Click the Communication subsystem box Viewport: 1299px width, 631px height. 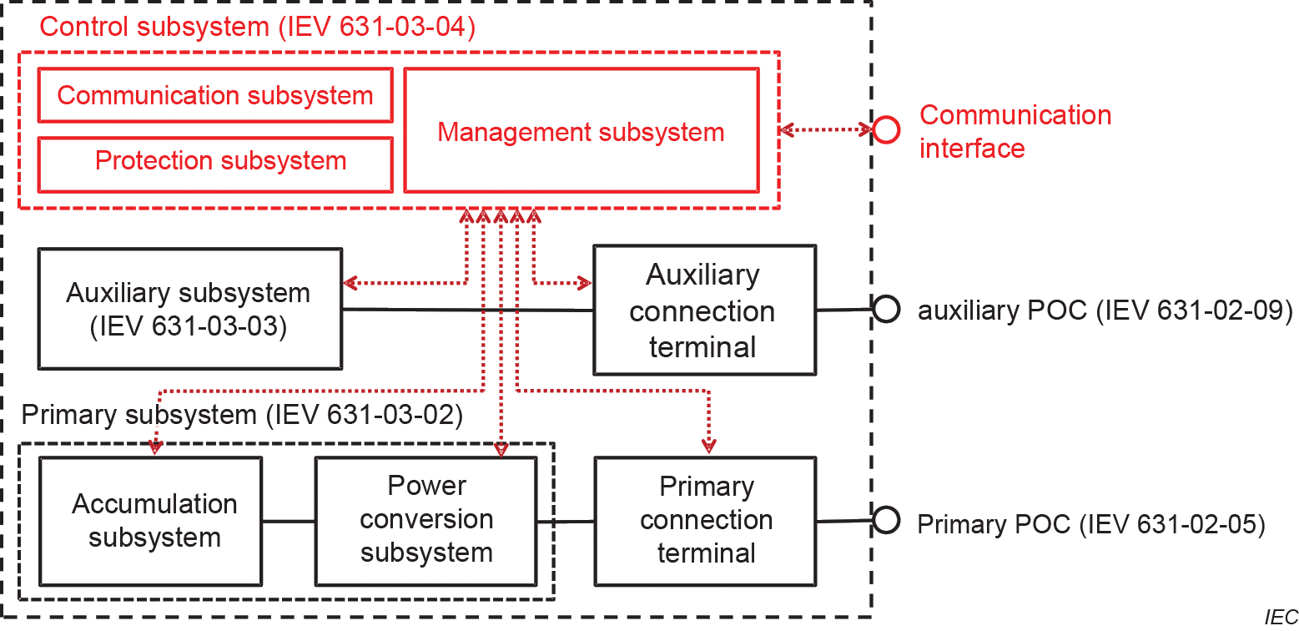point(215,95)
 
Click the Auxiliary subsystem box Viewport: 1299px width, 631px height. point(189,309)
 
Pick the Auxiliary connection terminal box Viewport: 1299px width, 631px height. point(703,310)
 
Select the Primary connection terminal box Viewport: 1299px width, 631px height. point(705,521)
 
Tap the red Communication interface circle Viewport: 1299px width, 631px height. point(885,129)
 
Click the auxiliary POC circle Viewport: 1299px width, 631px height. point(885,309)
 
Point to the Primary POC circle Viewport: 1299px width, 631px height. point(885,521)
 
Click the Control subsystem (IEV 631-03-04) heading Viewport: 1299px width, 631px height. point(257,27)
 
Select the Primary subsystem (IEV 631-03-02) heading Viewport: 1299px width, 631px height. point(242,415)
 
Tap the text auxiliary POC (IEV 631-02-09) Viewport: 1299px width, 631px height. point(1105,310)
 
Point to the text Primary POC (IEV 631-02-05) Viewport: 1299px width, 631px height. point(1091,524)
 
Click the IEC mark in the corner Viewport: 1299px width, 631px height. point(1280,618)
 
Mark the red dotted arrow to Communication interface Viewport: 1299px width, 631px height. point(825,129)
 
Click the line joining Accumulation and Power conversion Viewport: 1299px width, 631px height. point(289,522)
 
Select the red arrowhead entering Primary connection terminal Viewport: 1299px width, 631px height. point(709,445)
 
